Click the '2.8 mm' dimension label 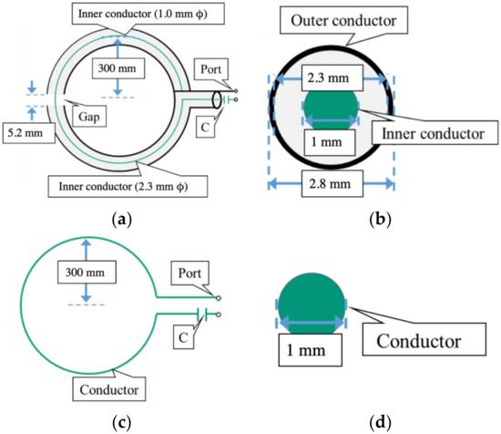pyautogui.click(x=331, y=190)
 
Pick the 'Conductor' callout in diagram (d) pyautogui.click(x=415, y=343)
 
